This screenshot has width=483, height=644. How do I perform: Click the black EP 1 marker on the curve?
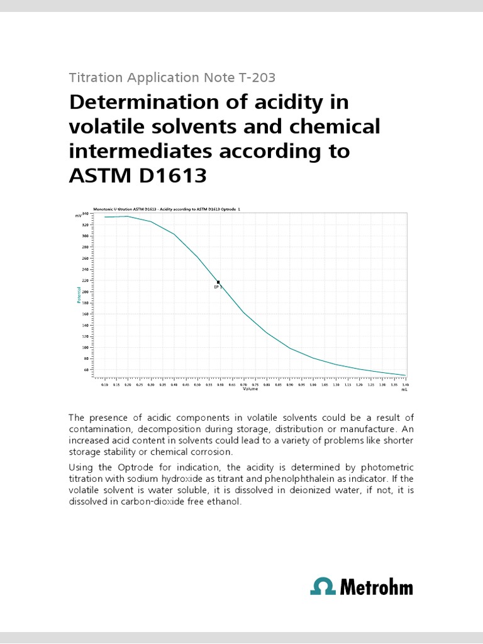[x=218, y=282]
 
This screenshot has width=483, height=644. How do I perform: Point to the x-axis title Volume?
[x=251, y=389]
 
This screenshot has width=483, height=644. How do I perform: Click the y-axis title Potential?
[x=80, y=294]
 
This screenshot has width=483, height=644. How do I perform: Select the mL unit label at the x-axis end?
[x=405, y=389]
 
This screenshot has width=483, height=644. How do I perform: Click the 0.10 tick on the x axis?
[x=104, y=384]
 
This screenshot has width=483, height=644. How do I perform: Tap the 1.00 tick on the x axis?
[x=313, y=384]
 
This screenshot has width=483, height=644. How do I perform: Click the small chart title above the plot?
[x=167, y=208]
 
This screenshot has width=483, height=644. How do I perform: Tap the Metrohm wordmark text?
[x=376, y=587]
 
